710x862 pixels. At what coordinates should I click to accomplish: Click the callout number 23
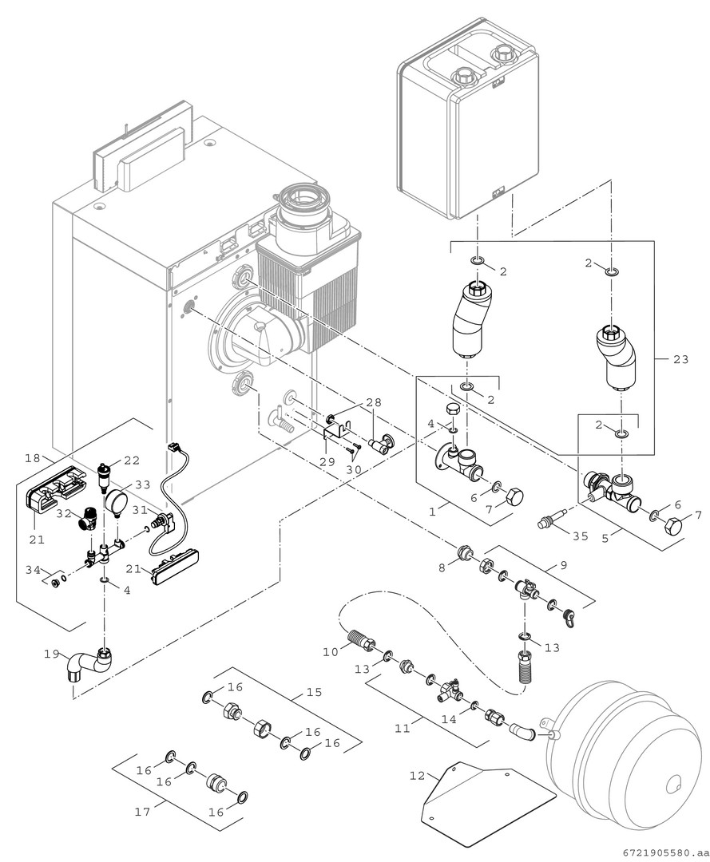[x=680, y=359]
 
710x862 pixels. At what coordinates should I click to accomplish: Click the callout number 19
[x=52, y=654]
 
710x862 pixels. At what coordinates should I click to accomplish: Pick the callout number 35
[x=580, y=536]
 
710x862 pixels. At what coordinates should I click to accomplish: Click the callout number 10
[x=331, y=652]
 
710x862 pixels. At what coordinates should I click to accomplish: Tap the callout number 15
[x=315, y=692]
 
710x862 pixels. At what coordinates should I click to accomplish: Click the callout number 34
[x=32, y=570]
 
